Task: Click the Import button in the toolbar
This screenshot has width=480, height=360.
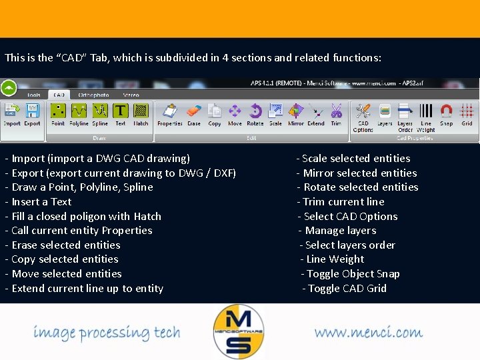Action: pos(12,114)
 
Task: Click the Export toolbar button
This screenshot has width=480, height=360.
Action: pos(32,114)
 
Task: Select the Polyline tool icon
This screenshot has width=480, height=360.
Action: pos(79,114)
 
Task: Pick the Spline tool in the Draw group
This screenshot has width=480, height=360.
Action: pos(100,114)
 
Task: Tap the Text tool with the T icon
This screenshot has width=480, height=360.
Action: pos(121,114)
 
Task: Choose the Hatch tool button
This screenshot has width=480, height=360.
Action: pos(141,114)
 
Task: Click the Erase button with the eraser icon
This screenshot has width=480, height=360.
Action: pos(194,114)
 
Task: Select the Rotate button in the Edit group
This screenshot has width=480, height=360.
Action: pos(255,114)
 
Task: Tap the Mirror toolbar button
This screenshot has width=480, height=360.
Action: pos(296,114)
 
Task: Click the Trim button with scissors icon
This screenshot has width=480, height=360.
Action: pos(336,114)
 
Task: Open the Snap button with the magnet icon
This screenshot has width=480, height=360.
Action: pos(447,114)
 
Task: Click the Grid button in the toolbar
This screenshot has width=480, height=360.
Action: pos(467,114)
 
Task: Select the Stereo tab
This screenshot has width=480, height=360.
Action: pos(131,95)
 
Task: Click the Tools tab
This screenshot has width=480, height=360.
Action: pos(33,95)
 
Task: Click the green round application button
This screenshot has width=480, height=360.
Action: pos(9,87)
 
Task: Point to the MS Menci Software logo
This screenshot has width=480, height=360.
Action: pos(239,330)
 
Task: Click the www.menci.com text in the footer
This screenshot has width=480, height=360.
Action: pos(368,332)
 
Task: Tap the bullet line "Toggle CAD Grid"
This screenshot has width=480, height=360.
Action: pos(344,289)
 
